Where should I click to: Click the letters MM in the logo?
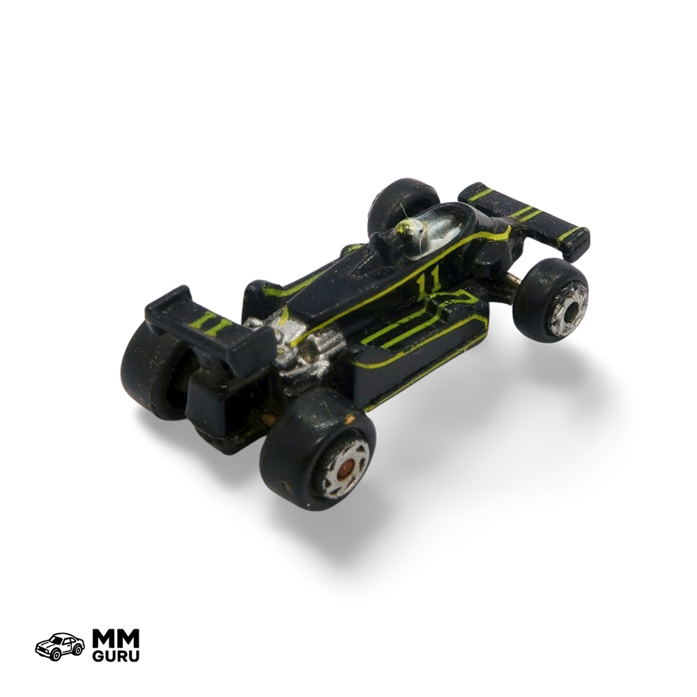[116, 640]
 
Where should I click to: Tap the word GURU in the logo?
[116, 656]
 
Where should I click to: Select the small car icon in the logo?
[60, 647]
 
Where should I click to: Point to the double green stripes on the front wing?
[526, 213]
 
